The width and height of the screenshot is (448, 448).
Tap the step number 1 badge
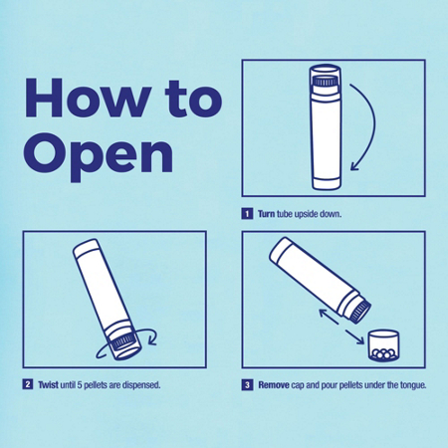coord(247,213)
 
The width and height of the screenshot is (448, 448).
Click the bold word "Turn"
coord(268,213)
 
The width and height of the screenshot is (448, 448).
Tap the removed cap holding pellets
coord(382,346)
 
